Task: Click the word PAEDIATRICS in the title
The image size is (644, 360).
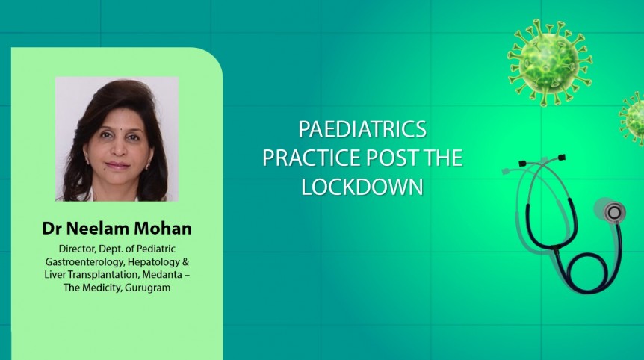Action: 362,129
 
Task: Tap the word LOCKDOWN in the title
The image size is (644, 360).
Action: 362,187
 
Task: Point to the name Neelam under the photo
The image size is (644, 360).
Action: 98,226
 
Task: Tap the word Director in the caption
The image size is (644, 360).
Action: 77,248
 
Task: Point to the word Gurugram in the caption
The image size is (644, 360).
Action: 147,288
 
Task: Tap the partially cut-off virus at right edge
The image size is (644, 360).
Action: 634,118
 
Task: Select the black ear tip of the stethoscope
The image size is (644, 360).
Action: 522,162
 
